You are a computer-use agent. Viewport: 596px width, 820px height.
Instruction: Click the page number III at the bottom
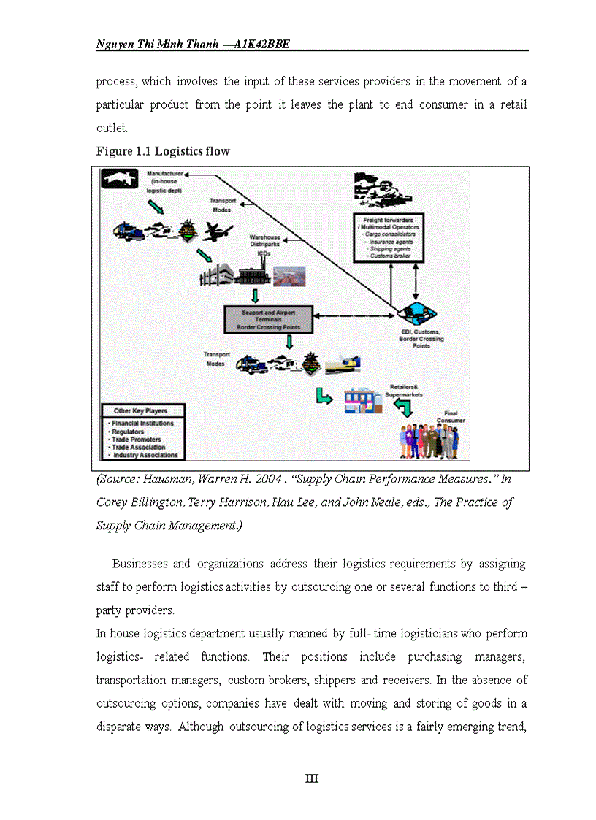[x=312, y=778]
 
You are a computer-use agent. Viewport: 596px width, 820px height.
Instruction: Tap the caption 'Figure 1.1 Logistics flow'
[x=163, y=152]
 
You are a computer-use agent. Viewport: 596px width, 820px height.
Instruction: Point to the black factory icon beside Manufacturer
[x=119, y=179]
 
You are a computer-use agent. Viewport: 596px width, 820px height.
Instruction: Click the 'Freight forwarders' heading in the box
[x=389, y=220]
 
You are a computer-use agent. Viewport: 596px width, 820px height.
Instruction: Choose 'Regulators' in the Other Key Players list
[x=129, y=432]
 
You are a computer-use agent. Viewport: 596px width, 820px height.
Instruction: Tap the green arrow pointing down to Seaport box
[x=255, y=296]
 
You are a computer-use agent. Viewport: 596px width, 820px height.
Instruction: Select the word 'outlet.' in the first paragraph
[x=112, y=128]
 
